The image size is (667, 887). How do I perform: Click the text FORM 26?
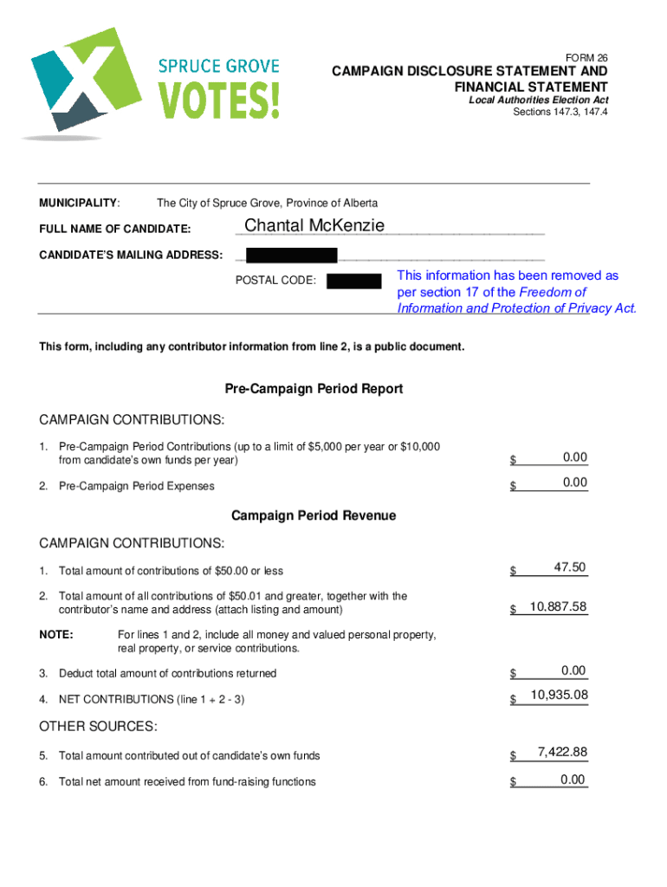coord(586,58)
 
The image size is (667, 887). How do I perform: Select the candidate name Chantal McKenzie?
coord(314,226)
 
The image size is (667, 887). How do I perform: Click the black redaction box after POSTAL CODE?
coord(354,281)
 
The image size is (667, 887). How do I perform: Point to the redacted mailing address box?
coord(291,255)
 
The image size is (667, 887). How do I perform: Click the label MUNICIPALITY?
coord(79,203)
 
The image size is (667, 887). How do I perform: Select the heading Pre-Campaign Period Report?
coord(314,389)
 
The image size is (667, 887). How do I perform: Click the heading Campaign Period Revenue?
coord(314,515)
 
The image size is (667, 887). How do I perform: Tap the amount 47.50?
coord(570,567)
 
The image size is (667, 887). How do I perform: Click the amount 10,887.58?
coord(558,607)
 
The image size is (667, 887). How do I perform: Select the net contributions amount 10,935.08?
coord(558,695)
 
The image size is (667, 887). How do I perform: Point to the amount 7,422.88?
coord(562,752)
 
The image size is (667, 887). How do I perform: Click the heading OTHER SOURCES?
coord(98,726)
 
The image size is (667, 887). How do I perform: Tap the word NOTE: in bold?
coord(56,635)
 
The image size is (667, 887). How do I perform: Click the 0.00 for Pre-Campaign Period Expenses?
coord(574,482)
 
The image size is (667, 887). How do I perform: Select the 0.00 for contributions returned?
coord(573,670)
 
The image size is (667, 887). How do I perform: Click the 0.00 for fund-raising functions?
coord(573,780)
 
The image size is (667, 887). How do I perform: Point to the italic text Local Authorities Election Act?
coord(538,100)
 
